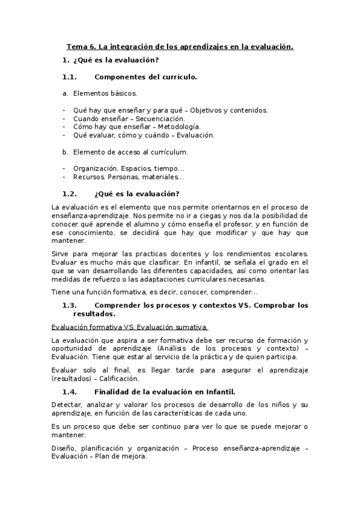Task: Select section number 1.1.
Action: tap(70, 77)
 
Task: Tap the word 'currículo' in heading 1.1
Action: tap(179, 77)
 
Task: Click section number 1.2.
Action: tap(70, 194)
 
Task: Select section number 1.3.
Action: tap(70, 305)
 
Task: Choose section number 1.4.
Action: tap(70, 391)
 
